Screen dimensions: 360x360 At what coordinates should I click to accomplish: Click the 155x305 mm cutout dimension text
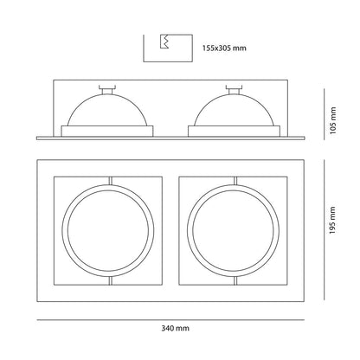pos(224,48)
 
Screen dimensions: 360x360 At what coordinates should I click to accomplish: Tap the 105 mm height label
pos(333,120)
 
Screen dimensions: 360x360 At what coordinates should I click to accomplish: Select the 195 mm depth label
pos(332,220)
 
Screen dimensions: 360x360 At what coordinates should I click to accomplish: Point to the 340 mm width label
pos(176,328)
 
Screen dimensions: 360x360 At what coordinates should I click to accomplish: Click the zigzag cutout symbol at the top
pos(164,42)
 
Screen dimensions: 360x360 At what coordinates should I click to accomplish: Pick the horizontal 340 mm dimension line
pos(170,319)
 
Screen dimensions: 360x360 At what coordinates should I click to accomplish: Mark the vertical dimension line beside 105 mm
pos(325,114)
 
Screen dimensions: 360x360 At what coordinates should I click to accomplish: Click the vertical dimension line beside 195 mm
pos(325,229)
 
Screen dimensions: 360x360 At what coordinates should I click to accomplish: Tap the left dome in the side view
pos(107,110)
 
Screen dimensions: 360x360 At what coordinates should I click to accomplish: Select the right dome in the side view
pos(234,110)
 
